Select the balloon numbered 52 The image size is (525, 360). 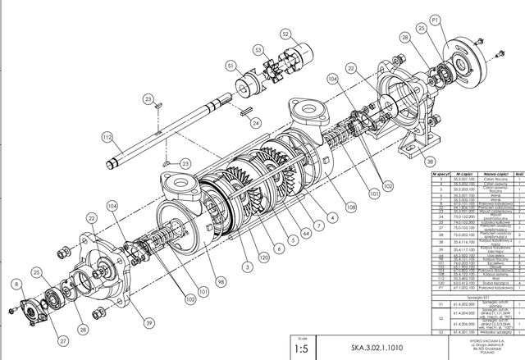click(x=285, y=34)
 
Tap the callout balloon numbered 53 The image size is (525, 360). click(x=258, y=50)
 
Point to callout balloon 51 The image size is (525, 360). click(x=231, y=66)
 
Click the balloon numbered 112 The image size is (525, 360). click(x=107, y=136)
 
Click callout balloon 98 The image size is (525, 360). click(x=220, y=281)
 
